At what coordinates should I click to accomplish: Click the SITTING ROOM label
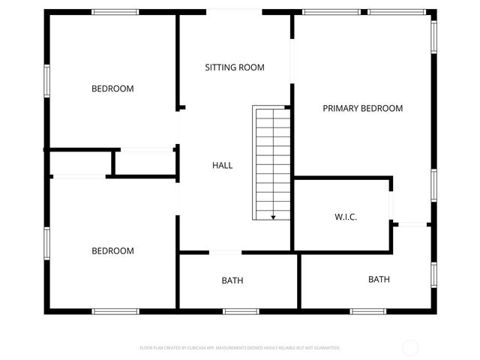pos(235,67)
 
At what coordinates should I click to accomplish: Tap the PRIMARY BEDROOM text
pos(362,108)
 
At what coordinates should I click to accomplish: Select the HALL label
pos(222,165)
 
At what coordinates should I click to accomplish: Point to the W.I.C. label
pos(345,217)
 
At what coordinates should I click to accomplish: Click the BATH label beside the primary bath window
pos(379,280)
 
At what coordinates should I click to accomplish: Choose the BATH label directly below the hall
pos(232,280)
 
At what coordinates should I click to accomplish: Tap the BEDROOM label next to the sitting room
pos(112,88)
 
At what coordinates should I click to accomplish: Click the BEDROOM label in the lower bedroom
pos(112,250)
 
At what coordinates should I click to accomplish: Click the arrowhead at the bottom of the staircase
pos(273,217)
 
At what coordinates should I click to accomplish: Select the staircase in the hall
pos(271,161)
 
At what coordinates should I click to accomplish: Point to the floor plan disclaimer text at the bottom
pos(240,348)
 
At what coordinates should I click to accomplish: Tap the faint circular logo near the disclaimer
pos(410,347)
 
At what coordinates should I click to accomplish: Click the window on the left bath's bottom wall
pos(241,310)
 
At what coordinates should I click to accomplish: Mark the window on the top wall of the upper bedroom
pos(115,12)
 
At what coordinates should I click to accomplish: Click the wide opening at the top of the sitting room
pos(234,10)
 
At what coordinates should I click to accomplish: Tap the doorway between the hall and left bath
pos(225,252)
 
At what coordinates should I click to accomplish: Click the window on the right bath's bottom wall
pos(368,310)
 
